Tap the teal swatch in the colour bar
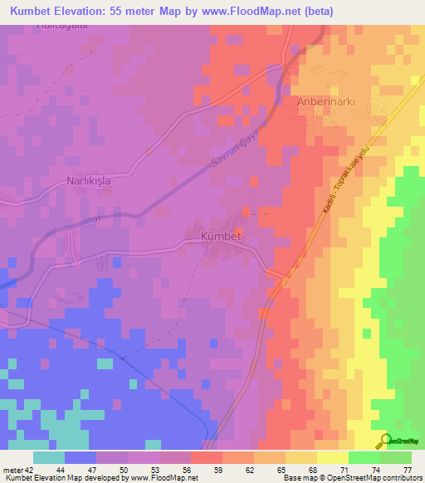[49, 458]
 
